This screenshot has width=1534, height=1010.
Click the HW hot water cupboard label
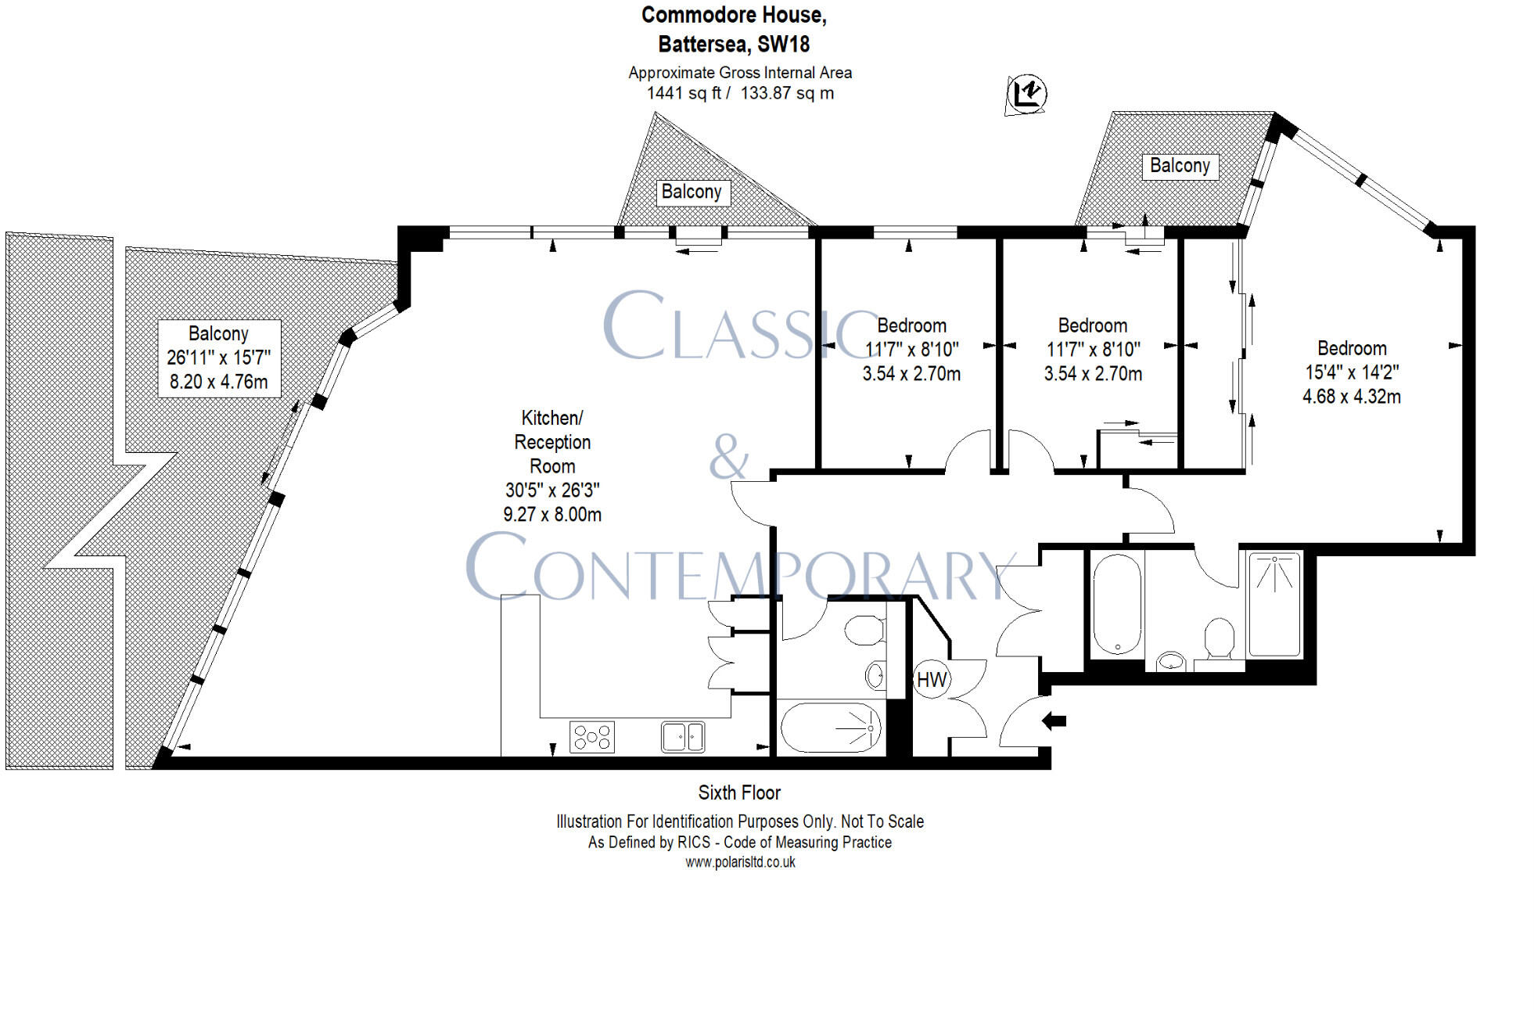click(x=931, y=680)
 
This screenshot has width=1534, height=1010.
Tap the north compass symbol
click(x=1026, y=94)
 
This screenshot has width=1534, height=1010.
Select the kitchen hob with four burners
click(x=591, y=736)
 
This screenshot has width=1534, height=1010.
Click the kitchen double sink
click(x=682, y=736)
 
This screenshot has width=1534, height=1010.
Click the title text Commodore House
click(x=734, y=15)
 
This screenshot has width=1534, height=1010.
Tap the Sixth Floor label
click(x=739, y=793)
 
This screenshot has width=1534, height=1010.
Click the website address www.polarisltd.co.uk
click(x=740, y=862)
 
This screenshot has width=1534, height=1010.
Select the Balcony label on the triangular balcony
click(x=692, y=192)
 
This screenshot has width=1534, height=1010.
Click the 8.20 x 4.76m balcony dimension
click(x=218, y=382)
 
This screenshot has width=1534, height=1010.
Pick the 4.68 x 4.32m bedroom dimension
click(x=1351, y=397)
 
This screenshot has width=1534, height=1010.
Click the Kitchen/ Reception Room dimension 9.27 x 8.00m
click(x=552, y=515)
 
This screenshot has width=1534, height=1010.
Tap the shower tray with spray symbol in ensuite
click(x=1274, y=604)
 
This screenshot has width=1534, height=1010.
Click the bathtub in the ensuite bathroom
click(x=1117, y=604)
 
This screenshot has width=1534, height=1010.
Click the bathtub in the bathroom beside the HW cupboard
click(x=831, y=728)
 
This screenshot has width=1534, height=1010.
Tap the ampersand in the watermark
click(x=728, y=457)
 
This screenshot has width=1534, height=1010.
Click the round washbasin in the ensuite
click(x=1171, y=662)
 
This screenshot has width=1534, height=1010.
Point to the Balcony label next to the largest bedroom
click(x=1180, y=166)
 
